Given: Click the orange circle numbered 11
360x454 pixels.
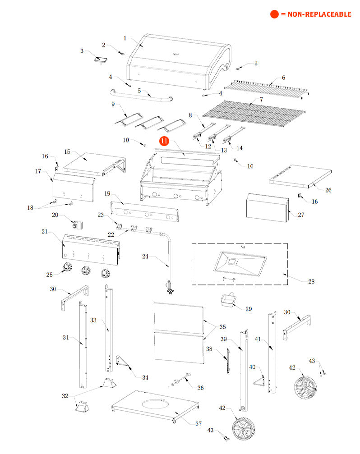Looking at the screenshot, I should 164,141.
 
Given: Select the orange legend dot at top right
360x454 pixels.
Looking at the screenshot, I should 274,14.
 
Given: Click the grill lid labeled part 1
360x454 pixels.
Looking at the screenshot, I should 176,61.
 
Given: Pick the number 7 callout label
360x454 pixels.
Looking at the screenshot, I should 261,99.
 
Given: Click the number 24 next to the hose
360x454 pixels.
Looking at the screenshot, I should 145,257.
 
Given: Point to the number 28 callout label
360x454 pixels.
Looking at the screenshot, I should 311,281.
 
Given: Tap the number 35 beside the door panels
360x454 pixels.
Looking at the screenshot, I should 222,326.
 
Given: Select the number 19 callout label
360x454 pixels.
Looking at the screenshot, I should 107,193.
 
